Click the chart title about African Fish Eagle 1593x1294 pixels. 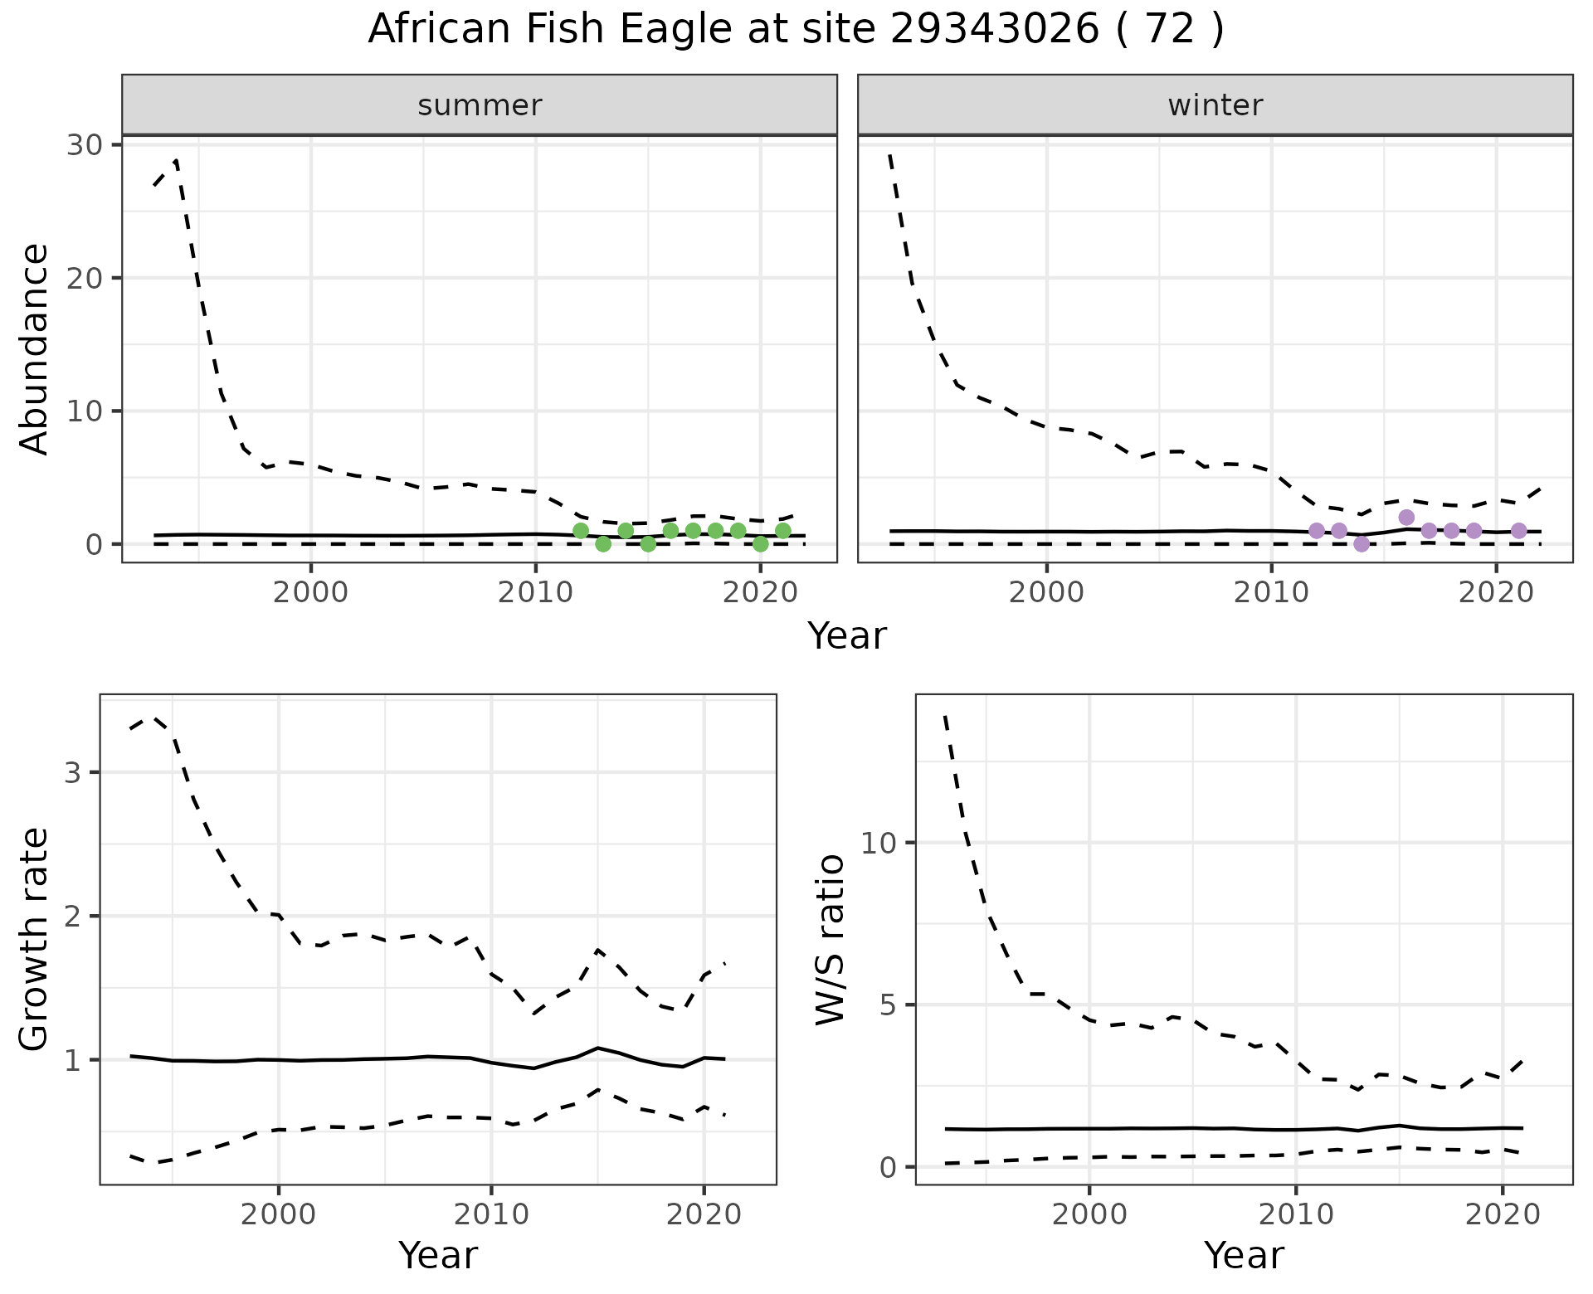point(796,30)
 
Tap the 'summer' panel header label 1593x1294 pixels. point(480,105)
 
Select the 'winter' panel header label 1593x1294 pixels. point(1215,105)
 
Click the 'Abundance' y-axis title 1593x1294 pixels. point(35,349)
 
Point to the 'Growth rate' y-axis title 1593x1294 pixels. point(35,940)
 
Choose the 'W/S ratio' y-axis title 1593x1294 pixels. point(830,940)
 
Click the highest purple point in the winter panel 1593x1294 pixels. point(1406,518)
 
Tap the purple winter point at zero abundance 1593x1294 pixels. point(1362,544)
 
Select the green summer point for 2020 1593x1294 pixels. point(760,544)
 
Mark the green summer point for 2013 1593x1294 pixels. point(603,544)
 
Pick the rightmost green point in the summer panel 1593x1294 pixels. point(782,531)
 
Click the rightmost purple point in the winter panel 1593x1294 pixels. point(1518,531)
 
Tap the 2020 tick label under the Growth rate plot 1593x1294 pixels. point(704,1215)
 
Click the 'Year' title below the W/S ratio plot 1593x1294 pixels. point(1244,1256)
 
